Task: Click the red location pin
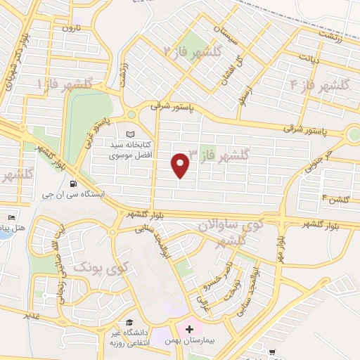181,165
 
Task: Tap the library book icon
129,134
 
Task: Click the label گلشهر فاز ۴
320,85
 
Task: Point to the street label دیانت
309,59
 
